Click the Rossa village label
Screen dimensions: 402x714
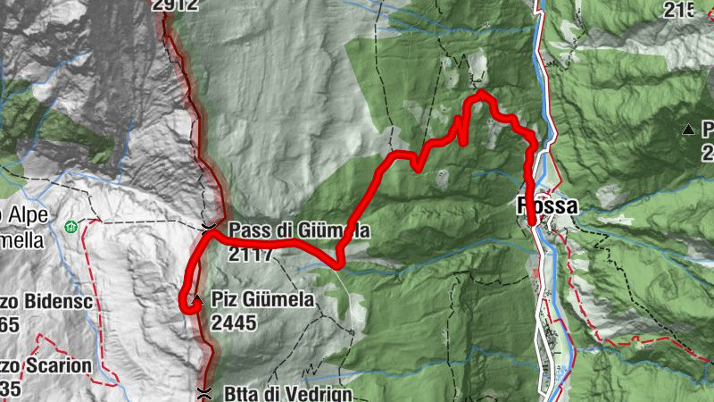[547, 205]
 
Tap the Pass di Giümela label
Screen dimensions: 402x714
[298, 230]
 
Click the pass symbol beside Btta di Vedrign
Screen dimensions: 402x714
[204, 392]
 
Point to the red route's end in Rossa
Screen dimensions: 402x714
[532, 222]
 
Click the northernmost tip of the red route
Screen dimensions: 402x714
[481, 92]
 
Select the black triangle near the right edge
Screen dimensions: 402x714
[688, 130]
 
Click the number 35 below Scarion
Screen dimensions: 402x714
[12, 389]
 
